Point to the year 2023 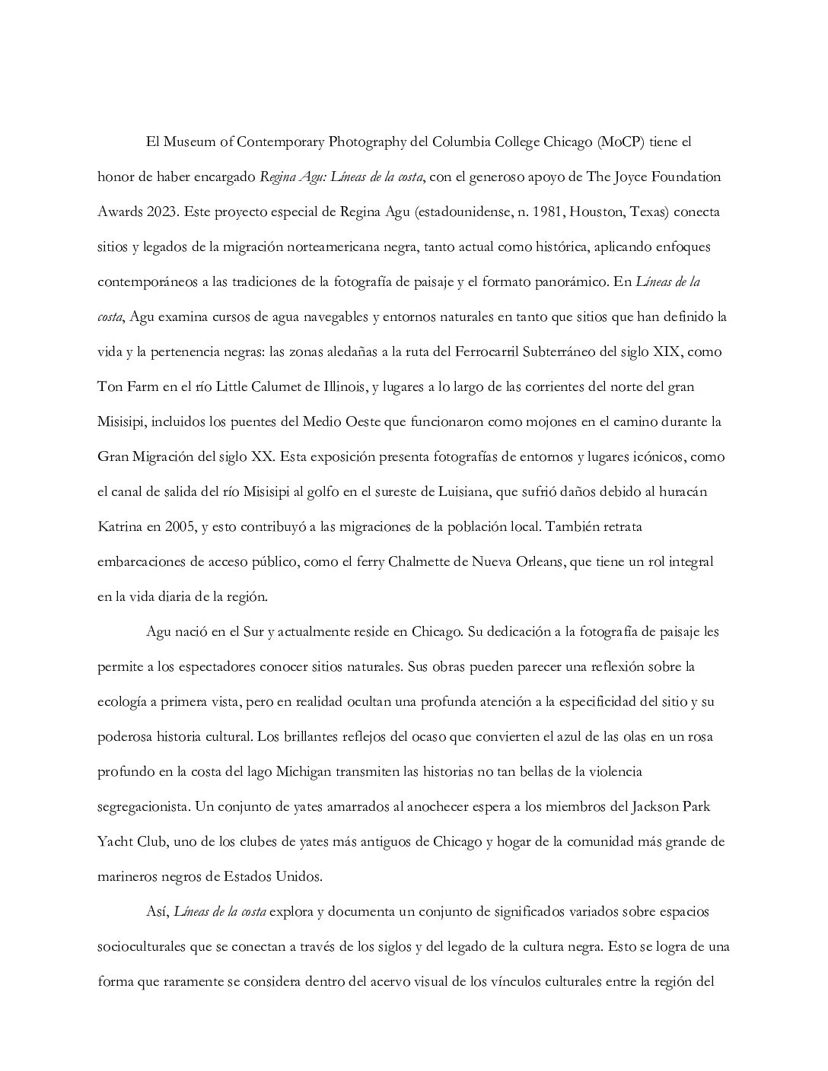click(161, 212)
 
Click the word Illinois click(342, 387)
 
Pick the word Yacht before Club click(115, 842)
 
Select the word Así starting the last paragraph click(158, 912)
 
